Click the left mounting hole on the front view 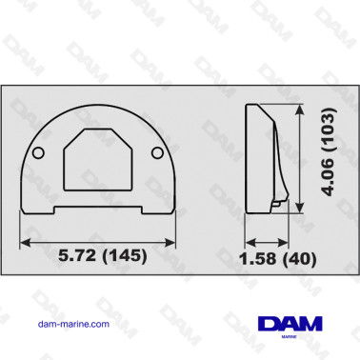point(36,154)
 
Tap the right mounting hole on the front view point(156,154)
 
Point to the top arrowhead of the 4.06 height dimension point(302,110)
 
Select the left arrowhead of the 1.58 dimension point(249,238)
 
